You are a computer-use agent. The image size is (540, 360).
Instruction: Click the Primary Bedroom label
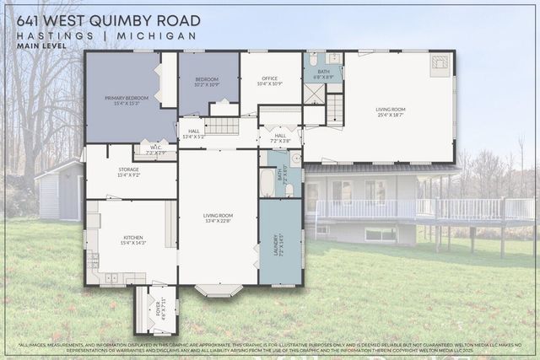point(127,100)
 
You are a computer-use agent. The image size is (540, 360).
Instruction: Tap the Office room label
point(270,82)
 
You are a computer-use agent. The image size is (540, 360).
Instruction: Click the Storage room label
point(129,172)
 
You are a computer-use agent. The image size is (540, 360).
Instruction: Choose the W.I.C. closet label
point(156,150)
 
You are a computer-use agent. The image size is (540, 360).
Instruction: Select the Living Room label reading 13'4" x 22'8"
point(218,218)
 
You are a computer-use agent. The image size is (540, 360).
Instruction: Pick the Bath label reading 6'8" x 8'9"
point(323,73)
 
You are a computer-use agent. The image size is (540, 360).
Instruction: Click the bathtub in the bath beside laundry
point(267,182)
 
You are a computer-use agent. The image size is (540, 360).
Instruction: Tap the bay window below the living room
point(219,290)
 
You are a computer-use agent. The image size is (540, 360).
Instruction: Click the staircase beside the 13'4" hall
point(223,126)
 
